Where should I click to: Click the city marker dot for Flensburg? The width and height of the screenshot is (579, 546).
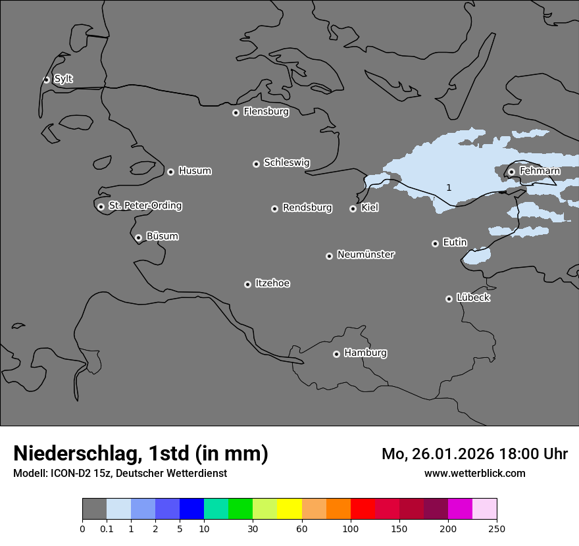(x=236, y=112)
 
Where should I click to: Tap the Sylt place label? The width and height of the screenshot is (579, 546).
(x=63, y=79)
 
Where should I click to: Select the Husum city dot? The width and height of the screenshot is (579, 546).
(x=170, y=172)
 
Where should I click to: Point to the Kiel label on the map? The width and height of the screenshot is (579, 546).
(x=370, y=208)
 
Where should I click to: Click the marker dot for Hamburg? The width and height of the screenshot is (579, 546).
(x=336, y=354)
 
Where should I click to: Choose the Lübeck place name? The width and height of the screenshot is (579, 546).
(x=473, y=297)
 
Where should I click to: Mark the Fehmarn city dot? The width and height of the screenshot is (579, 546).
(x=511, y=172)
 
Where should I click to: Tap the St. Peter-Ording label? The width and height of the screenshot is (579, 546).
(x=145, y=206)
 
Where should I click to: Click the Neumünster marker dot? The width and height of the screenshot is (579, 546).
(x=329, y=256)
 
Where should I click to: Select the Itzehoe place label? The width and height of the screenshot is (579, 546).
(x=272, y=284)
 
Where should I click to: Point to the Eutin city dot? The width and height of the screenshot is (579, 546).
(x=435, y=243)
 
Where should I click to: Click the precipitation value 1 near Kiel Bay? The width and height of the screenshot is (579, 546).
(x=449, y=187)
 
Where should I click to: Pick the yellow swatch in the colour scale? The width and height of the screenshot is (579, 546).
(x=289, y=509)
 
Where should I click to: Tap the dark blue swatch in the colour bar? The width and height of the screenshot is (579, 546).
(x=191, y=509)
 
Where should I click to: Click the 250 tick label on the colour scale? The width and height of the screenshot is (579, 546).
(x=496, y=528)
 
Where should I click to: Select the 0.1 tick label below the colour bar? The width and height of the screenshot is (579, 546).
(x=107, y=528)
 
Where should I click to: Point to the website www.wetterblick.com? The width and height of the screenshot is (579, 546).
(x=474, y=474)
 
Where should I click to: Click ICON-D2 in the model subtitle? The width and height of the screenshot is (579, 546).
(x=68, y=474)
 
